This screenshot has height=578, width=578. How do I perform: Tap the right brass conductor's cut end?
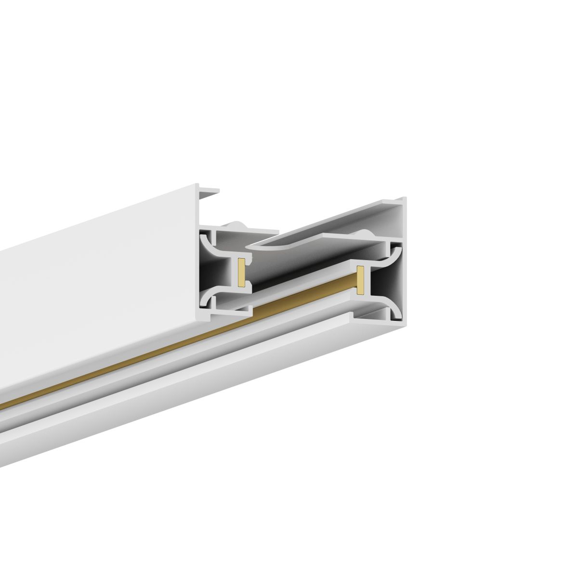[x=359, y=279]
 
